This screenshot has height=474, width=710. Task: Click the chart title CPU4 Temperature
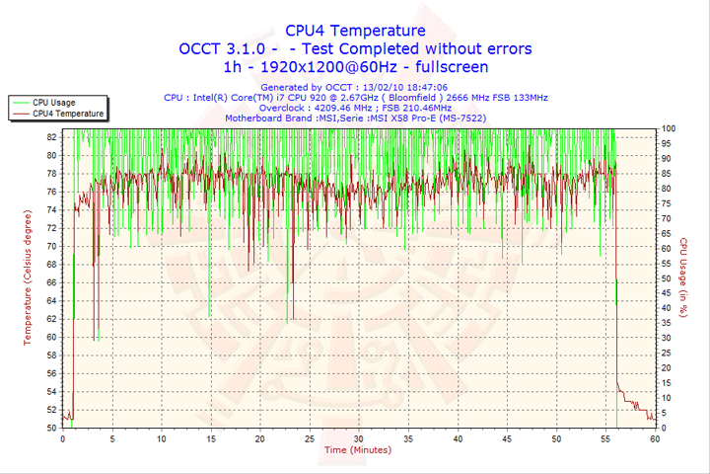356,31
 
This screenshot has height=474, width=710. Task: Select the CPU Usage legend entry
53,102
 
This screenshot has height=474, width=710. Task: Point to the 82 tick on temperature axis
51,137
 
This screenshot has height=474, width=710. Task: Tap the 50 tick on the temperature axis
51,428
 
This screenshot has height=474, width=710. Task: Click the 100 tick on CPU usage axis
668,128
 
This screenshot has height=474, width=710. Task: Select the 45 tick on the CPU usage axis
667,293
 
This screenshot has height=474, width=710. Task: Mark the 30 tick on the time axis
358,438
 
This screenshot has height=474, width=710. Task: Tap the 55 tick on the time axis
605,438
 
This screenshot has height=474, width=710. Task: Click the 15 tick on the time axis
210,438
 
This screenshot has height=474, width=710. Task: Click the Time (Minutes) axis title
357,450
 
